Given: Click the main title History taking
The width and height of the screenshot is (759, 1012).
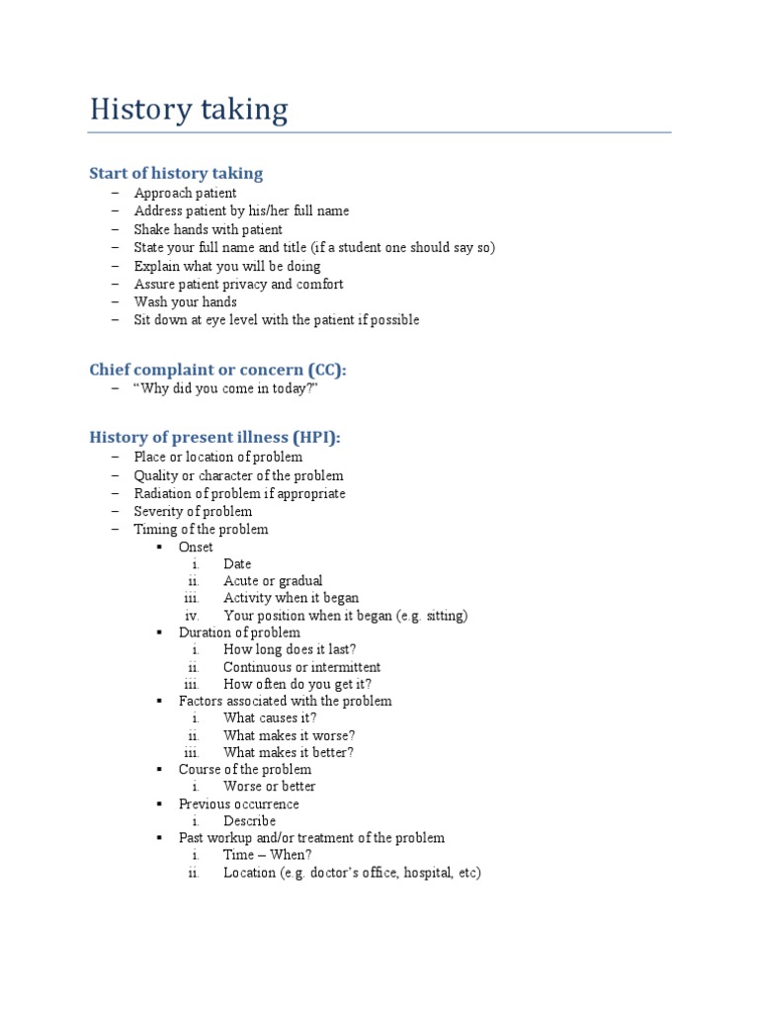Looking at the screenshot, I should tap(189, 109).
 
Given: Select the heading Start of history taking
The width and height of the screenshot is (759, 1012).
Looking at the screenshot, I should tap(176, 174).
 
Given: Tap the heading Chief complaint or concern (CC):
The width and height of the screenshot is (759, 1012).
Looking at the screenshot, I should tap(218, 370).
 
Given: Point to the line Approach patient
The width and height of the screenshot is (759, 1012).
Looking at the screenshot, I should tap(186, 193).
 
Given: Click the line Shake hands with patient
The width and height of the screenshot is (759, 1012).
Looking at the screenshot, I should tap(208, 229).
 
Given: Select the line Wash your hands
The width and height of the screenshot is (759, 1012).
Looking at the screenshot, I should tap(186, 301).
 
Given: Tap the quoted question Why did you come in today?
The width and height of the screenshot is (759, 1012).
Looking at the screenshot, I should tap(226, 388).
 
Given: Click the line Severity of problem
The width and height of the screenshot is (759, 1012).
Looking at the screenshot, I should tap(193, 511).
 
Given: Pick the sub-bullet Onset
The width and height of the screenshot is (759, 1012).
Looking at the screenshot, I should tap(196, 547).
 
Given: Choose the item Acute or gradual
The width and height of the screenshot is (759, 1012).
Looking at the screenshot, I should tap(273, 581).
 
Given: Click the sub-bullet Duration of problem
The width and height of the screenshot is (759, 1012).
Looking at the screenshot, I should tap(239, 632).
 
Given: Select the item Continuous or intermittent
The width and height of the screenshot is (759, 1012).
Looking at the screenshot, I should tap(301, 667).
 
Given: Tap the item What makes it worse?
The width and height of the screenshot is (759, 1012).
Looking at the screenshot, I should tap(289, 735).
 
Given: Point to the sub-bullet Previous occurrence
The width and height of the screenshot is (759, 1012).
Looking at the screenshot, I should tap(238, 803).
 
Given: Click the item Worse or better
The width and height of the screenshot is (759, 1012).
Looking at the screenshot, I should tap(269, 787).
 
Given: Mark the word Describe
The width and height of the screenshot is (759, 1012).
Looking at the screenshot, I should tap(249, 821).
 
